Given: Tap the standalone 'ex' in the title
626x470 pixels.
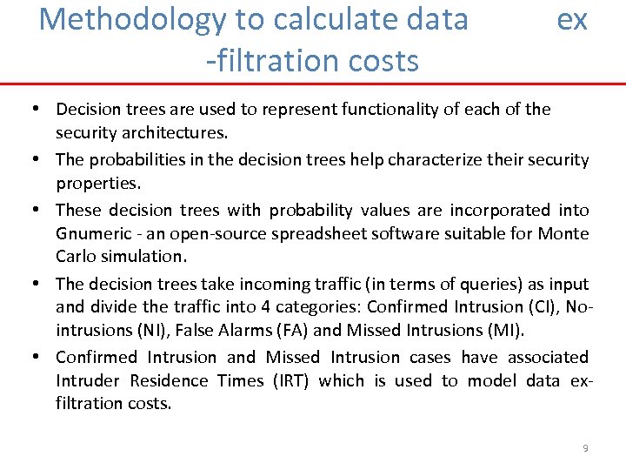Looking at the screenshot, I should [572, 19].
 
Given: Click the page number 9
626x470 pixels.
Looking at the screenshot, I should [585, 448].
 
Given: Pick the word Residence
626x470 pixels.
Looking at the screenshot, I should [169, 380].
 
